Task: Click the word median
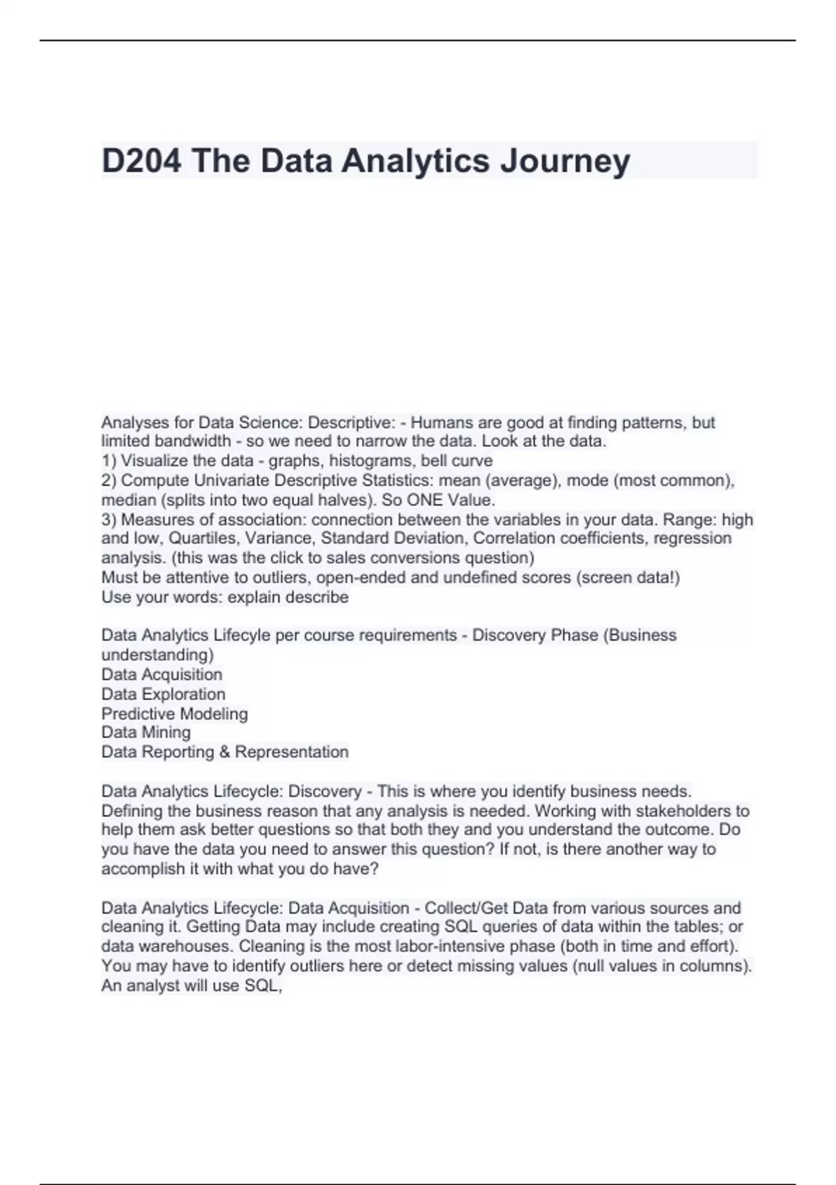129,500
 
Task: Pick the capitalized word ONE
425,500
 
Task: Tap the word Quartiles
202,538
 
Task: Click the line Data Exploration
163,694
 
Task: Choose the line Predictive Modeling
174,713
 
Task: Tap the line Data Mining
146,732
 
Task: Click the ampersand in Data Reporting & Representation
224,751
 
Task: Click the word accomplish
143,869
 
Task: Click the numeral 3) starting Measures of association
109,519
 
